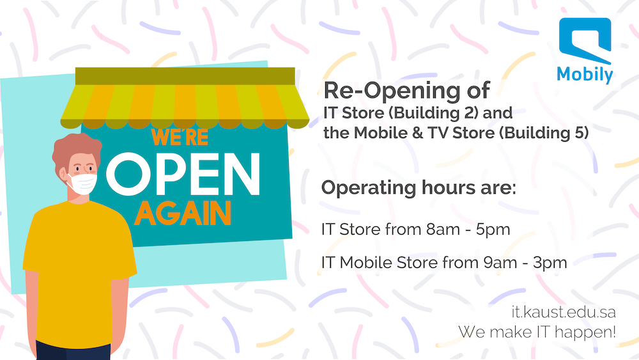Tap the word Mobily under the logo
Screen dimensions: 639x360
pyautogui.click(x=585, y=75)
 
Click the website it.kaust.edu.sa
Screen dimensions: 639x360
pyautogui.click(x=564, y=312)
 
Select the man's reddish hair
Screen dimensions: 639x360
pyautogui.click(x=76, y=149)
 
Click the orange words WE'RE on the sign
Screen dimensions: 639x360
pyautogui.click(x=180, y=137)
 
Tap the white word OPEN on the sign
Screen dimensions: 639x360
pyautogui.click(x=183, y=174)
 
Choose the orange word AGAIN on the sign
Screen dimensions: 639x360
pyautogui.click(x=183, y=213)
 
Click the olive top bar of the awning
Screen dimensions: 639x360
pyautogui.click(x=185, y=76)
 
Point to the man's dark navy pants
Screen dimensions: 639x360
pyautogui.click(x=73, y=350)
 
